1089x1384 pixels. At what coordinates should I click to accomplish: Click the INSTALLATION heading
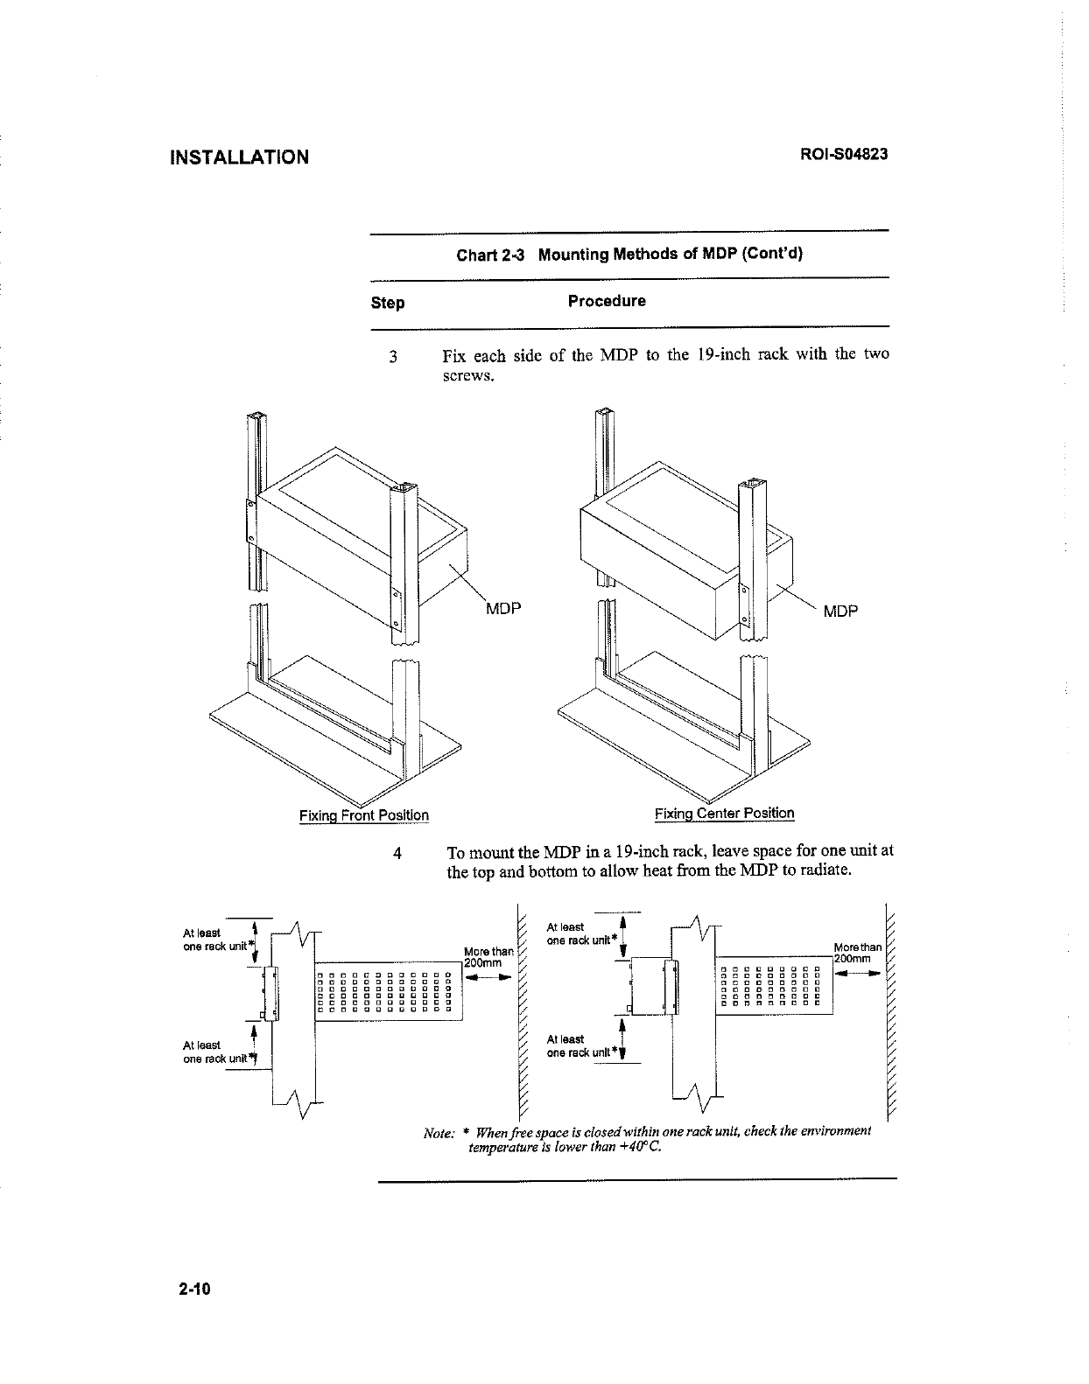pos(239,157)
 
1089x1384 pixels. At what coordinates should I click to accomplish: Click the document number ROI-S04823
pos(844,155)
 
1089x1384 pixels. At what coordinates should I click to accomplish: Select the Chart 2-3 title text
pos(629,255)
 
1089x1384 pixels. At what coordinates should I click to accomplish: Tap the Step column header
pos(388,303)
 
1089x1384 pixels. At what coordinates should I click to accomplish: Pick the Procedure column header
pos(607,301)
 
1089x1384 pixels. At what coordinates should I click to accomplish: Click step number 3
pos(394,357)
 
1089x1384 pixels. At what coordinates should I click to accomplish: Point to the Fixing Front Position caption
pos(364,815)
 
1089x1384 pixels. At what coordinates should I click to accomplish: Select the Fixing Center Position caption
pos(725,814)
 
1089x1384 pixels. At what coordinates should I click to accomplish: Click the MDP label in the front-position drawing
pos(503,609)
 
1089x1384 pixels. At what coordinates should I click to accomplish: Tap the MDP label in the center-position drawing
pos(840,611)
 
